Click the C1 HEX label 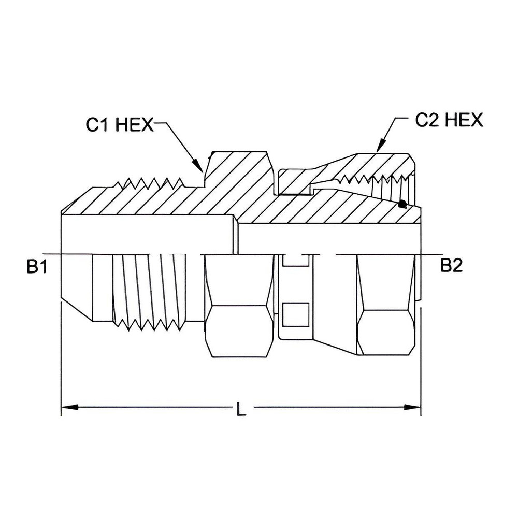[120, 124]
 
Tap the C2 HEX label [449, 120]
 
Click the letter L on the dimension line [240, 410]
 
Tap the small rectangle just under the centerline [294, 261]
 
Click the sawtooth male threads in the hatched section [150, 184]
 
